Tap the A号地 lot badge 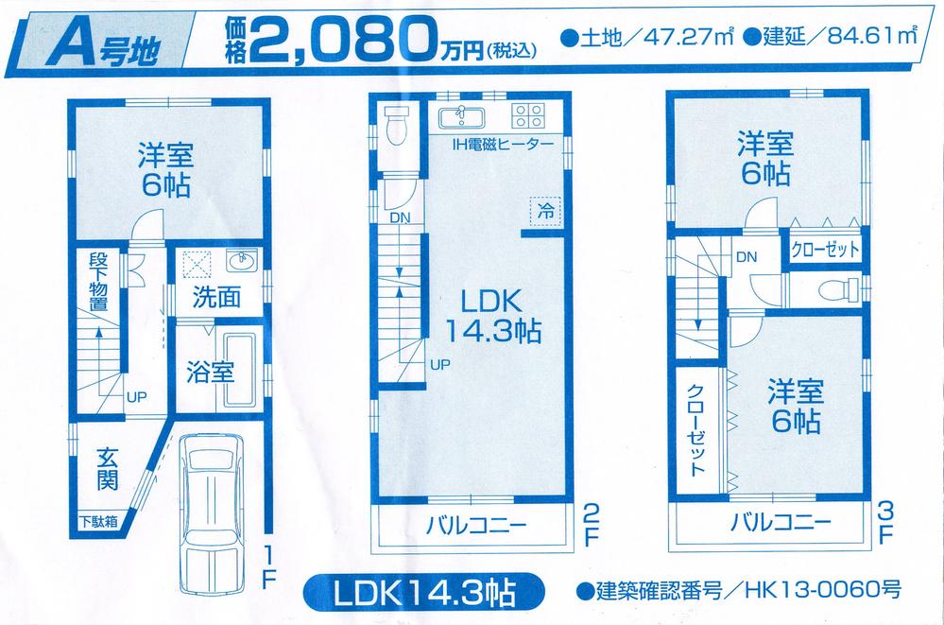click(x=103, y=40)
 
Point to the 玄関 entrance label click(x=107, y=468)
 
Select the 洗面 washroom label click(x=215, y=297)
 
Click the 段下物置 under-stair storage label click(x=98, y=283)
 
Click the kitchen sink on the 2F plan click(x=462, y=117)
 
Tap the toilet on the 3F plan click(x=835, y=288)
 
